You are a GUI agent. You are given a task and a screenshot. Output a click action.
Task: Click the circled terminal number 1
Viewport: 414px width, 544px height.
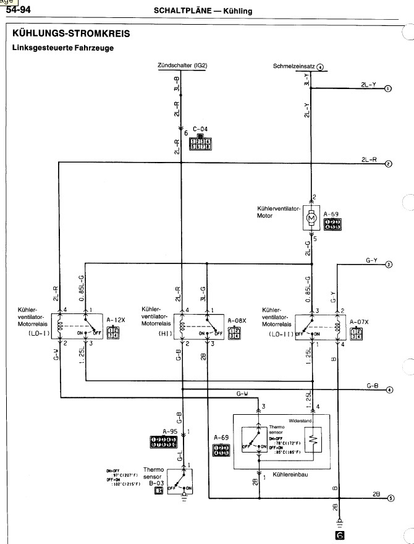click(x=389, y=88)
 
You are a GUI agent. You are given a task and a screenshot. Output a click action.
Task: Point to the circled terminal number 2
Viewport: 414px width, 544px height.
click(x=389, y=164)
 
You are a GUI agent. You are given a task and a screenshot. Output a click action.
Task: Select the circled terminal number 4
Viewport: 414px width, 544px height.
click(x=389, y=390)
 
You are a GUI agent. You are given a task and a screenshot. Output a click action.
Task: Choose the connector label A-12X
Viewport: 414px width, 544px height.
click(x=116, y=320)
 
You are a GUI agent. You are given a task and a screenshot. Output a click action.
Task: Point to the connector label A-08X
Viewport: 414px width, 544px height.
click(x=236, y=320)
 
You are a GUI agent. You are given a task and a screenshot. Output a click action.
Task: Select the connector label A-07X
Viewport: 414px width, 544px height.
click(x=358, y=322)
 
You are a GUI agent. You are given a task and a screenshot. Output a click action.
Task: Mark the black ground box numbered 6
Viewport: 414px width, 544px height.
click(x=338, y=537)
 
